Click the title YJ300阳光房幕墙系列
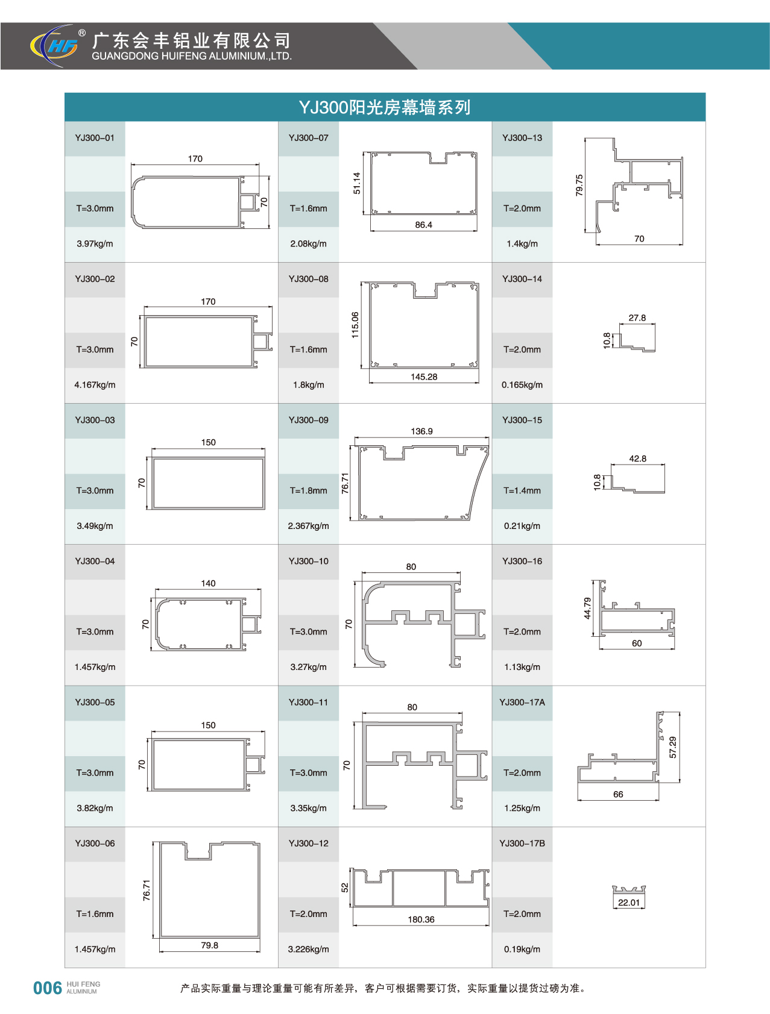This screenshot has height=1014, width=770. (385, 107)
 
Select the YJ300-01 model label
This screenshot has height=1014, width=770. (95, 138)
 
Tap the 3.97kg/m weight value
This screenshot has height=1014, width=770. (95, 244)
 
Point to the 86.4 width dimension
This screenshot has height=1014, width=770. (423, 225)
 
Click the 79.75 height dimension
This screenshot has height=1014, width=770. (579, 185)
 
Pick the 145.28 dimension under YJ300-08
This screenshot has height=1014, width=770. (424, 377)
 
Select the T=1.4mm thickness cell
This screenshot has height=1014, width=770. (522, 490)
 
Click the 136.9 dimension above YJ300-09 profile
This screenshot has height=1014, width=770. (421, 431)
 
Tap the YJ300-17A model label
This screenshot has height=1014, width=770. (522, 702)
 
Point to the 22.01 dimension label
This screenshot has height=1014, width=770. (628, 903)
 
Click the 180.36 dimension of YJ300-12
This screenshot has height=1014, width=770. (421, 919)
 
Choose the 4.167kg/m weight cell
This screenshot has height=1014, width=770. (95, 385)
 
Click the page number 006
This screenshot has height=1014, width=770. (48, 988)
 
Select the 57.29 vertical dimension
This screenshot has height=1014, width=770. (673, 747)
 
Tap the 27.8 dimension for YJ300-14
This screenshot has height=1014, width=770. (637, 318)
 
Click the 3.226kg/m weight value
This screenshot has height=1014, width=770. (308, 949)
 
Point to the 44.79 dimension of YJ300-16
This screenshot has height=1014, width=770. (587, 608)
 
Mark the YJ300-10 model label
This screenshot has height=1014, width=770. (308, 561)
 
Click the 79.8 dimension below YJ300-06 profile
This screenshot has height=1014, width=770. (209, 945)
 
